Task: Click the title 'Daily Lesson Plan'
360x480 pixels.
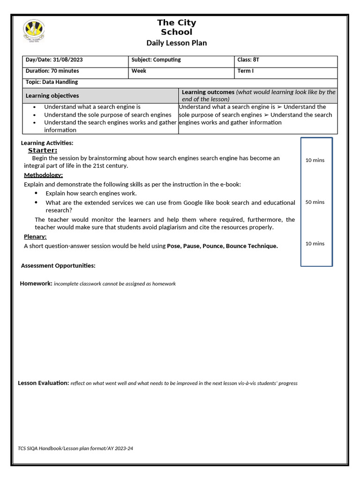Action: click(176, 43)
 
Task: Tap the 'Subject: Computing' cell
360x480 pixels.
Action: click(156, 60)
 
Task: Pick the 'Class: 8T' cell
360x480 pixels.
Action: click(248, 60)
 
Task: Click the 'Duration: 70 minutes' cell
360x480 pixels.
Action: click(52, 71)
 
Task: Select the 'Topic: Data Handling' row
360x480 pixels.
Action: click(52, 82)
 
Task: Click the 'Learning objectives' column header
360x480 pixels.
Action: click(52, 96)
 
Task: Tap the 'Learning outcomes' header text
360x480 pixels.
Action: click(208, 92)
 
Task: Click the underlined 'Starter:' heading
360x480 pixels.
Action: click(43, 150)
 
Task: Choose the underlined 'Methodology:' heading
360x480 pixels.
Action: click(43, 175)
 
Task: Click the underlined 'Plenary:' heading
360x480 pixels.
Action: click(35, 237)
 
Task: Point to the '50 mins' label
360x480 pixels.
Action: click(315, 202)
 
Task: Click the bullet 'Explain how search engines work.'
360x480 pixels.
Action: click(91, 193)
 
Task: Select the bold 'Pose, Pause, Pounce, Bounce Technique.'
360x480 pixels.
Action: click(222, 246)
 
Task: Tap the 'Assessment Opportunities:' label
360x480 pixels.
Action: click(58, 266)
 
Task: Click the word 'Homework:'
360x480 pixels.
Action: click(36, 284)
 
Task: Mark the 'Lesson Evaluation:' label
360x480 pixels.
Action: click(43, 383)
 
